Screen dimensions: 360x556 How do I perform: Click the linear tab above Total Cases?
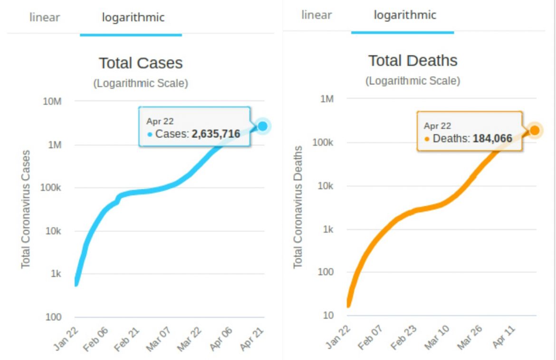[x=45, y=18]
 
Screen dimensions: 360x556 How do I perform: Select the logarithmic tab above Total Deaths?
[x=405, y=15]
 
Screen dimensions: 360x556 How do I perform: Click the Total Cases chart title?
[x=141, y=63]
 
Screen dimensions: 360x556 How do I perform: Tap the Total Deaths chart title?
[x=413, y=61]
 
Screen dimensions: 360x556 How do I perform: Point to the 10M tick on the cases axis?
[x=52, y=101]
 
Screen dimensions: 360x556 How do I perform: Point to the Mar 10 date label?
[x=437, y=339]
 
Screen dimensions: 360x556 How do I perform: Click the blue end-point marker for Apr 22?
[x=262, y=126]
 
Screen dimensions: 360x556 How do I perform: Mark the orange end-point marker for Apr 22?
[x=534, y=130]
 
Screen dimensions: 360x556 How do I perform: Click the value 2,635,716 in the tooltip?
[x=216, y=134]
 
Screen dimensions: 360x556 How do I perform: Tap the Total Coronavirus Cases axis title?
[x=26, y=209]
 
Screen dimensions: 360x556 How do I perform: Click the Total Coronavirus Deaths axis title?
[x=298, y=207]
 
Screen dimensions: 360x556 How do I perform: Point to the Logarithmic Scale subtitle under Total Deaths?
[x=412, y=81]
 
